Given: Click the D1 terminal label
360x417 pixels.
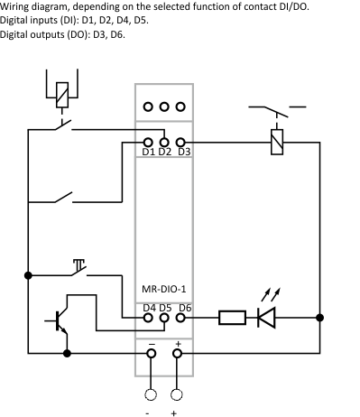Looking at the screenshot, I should point(149,152).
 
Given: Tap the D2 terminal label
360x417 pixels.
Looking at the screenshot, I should point(165,152).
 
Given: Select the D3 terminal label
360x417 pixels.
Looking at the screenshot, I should point(183,152).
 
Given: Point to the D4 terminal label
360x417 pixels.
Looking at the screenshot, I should point(149,308).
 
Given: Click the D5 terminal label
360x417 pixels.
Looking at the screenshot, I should point(165,308).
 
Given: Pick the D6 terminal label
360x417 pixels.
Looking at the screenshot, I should point(184,308).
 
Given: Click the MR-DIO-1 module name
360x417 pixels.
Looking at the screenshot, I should point(165,290).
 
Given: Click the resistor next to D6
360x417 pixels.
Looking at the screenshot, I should point(232,318).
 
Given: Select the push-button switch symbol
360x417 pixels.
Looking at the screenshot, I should point(78,268).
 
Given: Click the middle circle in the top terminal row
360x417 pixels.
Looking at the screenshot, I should point(165,105).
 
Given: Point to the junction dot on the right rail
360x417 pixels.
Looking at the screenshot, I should point(319,318).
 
